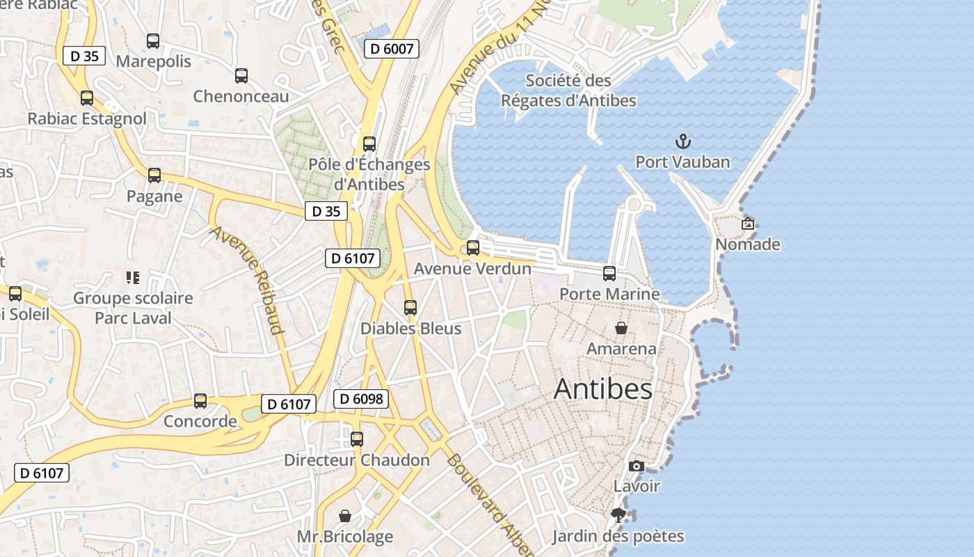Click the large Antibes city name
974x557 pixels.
[x=602, y=390]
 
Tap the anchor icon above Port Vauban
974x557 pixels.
[x=683, y=142]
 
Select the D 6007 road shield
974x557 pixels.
[x=392, y=49]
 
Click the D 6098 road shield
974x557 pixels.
[x=360, y=399]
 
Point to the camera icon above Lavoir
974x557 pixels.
[x=636, y=466]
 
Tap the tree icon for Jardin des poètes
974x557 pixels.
[x=618, y=516]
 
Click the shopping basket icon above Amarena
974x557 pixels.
[x=621, y=328]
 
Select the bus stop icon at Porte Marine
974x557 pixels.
[x=609, y=274]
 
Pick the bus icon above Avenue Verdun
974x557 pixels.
[x=473, y=248]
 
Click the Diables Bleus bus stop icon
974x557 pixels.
[x=410, y=308]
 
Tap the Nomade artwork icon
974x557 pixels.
[x=748, y=224]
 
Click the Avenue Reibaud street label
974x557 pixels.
[x=248, y=280]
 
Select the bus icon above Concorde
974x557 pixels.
[x=200, y=401]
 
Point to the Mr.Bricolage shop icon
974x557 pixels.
[x=345, y=516]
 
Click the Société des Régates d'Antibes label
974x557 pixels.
[x=568, y=91]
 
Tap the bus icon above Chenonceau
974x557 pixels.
[x=241, y=76]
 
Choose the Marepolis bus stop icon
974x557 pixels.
[x=153, y=41]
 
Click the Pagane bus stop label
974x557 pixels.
[x=154, y=196]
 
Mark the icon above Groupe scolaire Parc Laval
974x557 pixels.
[x=133, y=278]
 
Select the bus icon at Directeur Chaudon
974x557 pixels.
[x=357, y=439]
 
